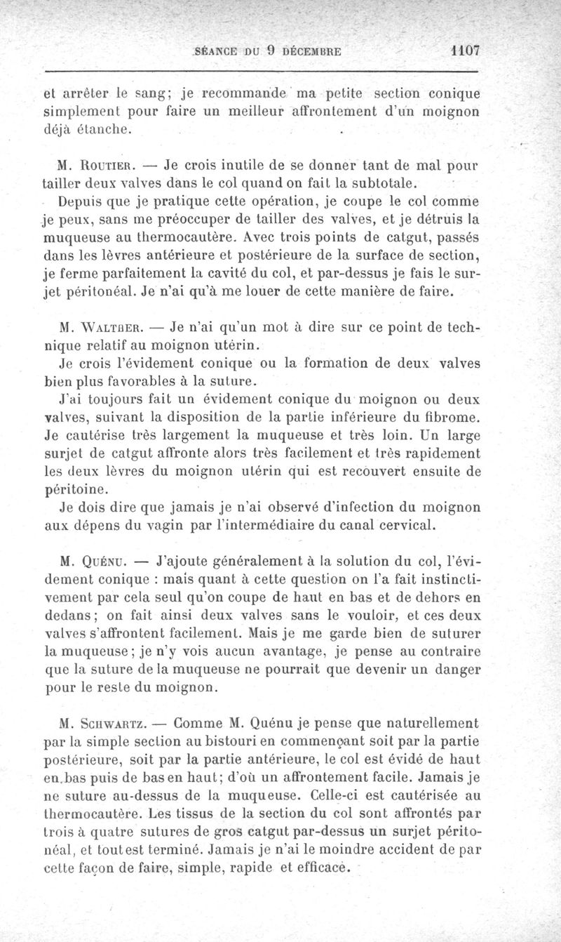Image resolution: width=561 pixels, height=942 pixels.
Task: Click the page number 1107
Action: [465, 51]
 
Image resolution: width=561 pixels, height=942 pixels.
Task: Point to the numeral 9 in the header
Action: [270, 51]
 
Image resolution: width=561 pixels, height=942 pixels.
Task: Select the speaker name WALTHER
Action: [110, 328]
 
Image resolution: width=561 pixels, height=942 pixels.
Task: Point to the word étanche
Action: [105, 130]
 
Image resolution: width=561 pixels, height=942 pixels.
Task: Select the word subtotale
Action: [386, 185]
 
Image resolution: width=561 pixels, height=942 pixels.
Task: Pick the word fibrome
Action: [453, 418]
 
